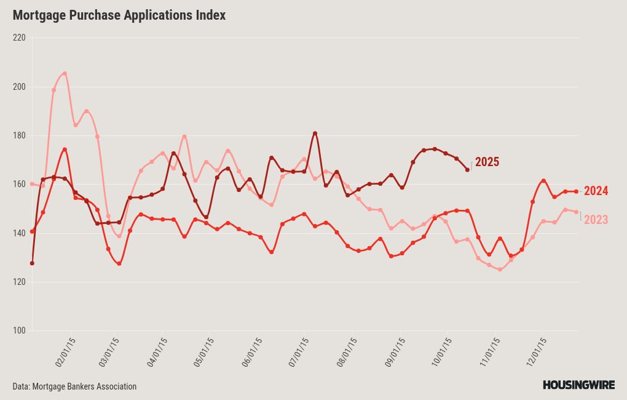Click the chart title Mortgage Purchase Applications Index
119,15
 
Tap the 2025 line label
487,162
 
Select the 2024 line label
596,191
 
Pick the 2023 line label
596,220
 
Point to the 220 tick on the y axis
19,38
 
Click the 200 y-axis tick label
19,86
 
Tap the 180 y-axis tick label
19,135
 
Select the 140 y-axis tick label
19,233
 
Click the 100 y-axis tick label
19,331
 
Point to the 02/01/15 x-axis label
65,352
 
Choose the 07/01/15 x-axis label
299,352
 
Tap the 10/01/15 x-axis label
443,352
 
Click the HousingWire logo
578,385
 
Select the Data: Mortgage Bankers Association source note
74,386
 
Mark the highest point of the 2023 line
65,73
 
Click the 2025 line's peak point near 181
315,133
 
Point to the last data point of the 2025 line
467,170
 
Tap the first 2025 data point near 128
32,263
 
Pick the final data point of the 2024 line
576,191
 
